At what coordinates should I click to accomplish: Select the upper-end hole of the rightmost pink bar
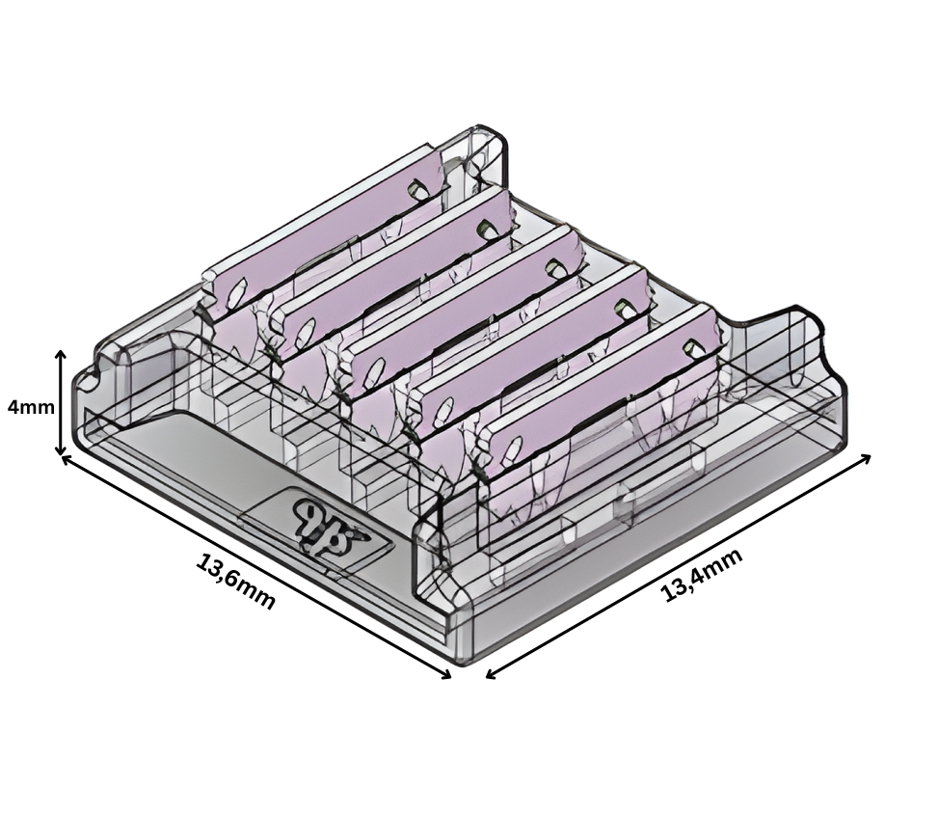(692, 346)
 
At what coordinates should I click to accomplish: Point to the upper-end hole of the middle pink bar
(553, 267)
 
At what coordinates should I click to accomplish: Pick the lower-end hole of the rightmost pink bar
(512, 447)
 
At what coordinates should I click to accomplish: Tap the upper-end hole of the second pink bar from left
(486, 229)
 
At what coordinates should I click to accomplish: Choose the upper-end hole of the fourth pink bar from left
(622, 308)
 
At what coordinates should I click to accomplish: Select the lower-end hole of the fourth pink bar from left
(443, 409)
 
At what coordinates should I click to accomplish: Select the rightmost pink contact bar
(603, 396)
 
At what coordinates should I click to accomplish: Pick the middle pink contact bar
(463, 318)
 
